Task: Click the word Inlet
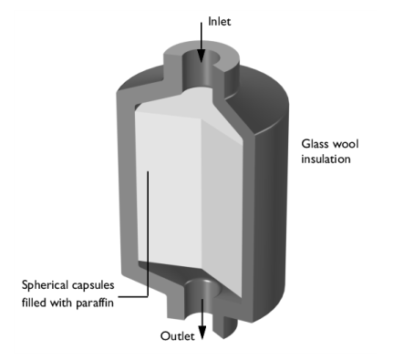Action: (x=219, y=21)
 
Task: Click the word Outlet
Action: (x=177, y=335)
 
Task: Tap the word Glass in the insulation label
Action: (x=315, y=143)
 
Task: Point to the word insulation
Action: (x=326, y=159)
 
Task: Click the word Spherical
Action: (x=45, y=285)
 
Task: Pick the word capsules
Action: (x=93, y=285)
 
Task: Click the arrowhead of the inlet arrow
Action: (x=201, y=57)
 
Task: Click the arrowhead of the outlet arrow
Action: (x=202, y=333)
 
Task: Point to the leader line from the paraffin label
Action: (x=148, y=234)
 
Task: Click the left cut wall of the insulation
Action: (x=127, y=182)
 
